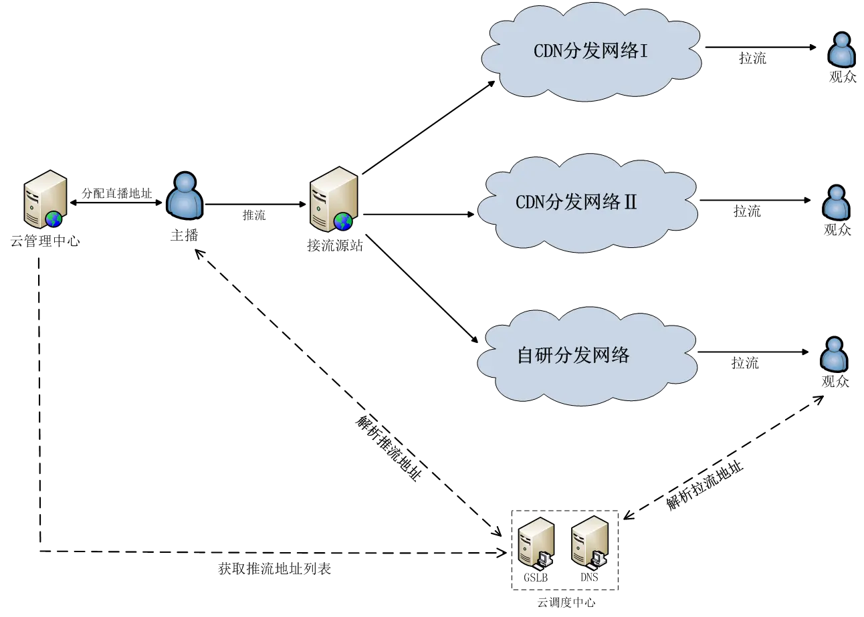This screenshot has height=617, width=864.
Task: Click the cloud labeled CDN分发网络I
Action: pos(591,52)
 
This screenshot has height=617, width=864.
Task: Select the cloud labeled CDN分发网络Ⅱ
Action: pos(587,203)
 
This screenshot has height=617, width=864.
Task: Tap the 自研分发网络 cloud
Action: pos(587,356)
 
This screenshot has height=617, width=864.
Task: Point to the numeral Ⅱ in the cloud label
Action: pos(630,203)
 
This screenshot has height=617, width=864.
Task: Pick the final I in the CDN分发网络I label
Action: pos(644,51)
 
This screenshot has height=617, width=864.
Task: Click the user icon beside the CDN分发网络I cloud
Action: pos(841,51)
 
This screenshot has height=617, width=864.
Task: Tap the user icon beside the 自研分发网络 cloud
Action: pos(833,355)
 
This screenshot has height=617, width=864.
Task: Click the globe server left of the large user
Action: pos(45,199)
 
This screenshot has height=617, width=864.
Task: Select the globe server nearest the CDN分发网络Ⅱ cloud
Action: pos(334,199)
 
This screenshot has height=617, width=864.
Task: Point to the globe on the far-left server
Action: pos(53,219)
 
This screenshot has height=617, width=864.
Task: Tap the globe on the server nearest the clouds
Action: pos(343,221)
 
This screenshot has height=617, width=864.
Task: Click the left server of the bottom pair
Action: pos(537,542)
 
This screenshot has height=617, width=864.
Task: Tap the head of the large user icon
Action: pos(185,182)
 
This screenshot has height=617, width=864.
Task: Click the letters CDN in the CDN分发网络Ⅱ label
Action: pos(530,203)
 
